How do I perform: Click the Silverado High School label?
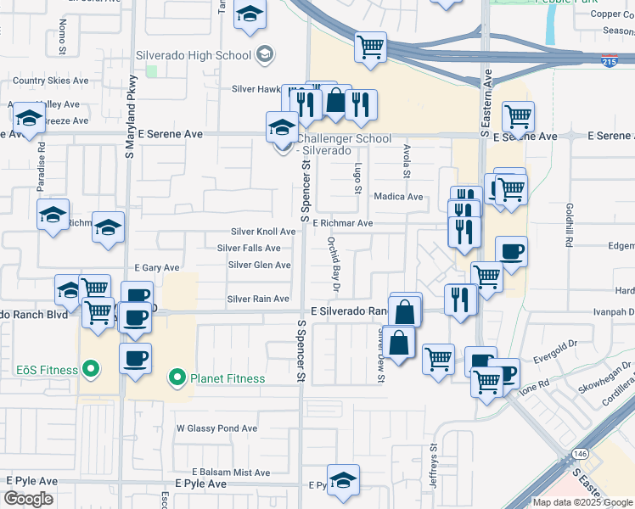coord(194,55)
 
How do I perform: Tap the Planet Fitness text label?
coord(228,378)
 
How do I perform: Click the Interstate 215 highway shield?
coord(609,62)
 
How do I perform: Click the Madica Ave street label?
coord(398,197)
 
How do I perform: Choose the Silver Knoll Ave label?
coord(263,232)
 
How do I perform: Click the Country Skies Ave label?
coord(51,81)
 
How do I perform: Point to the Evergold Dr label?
coord(555,350)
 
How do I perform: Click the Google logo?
coord(29,499)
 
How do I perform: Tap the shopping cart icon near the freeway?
coord(370,48)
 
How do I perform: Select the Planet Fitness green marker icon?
coord(177,375)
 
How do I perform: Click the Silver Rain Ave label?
coord(258,299)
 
